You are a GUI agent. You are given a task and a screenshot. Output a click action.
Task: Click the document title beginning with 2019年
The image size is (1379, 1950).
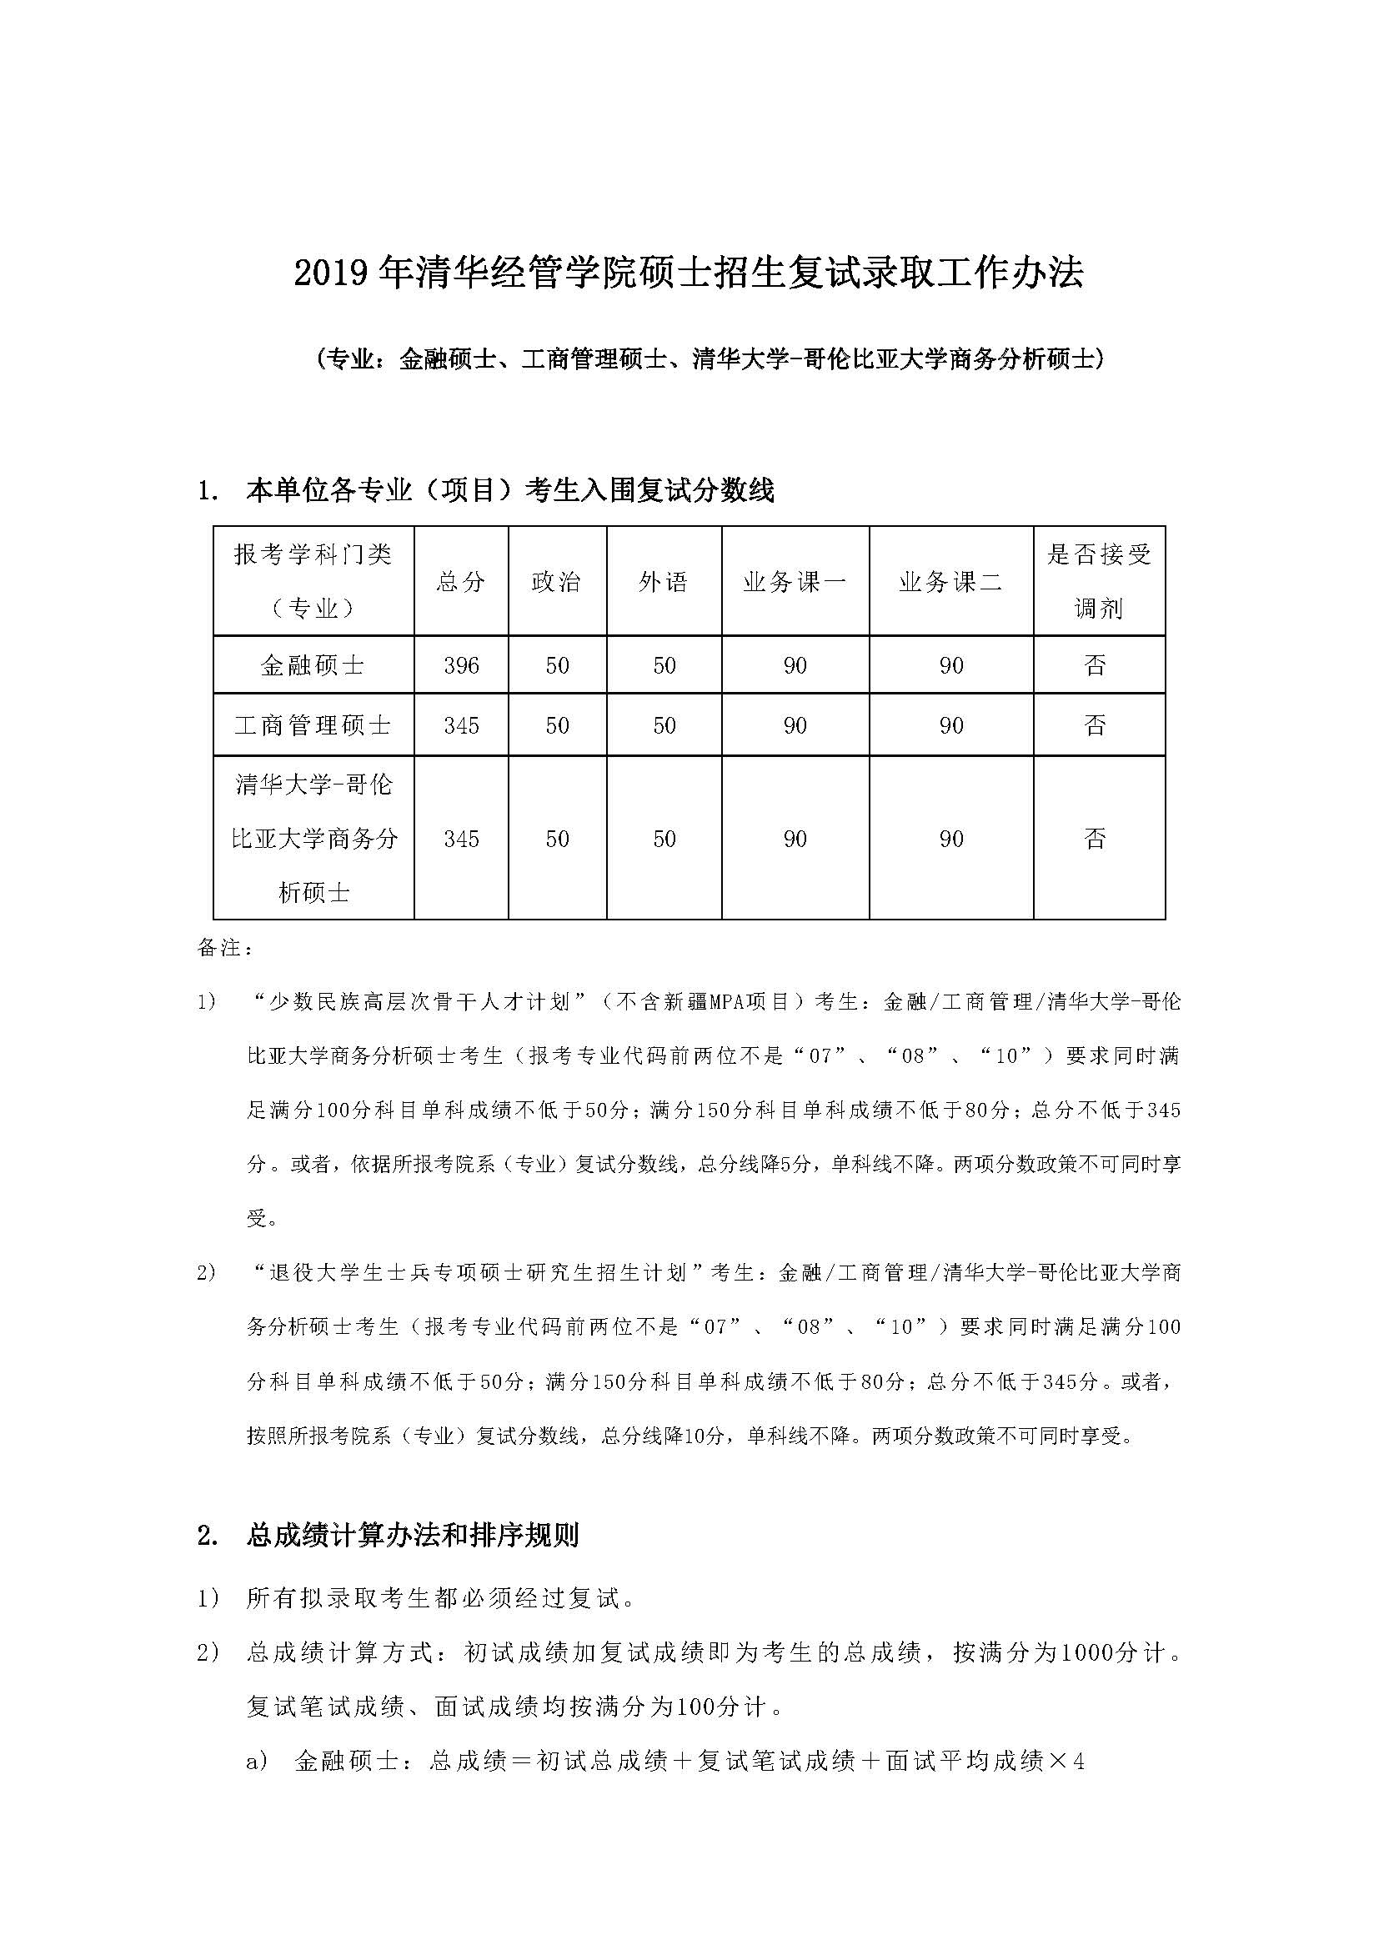point(689,273)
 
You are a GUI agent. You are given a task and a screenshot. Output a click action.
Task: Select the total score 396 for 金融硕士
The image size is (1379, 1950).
point(461,665)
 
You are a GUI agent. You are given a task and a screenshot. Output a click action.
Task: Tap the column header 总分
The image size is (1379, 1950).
point(461,582)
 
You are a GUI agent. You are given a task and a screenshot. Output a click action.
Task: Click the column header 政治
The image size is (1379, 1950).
point(557,582)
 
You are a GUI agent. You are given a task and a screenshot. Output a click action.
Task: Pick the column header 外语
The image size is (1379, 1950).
point(664,582)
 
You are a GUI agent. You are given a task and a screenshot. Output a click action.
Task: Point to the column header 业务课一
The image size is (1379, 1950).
point(795,582)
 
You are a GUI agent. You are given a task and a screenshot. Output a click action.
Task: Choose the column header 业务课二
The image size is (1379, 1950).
point(951,582)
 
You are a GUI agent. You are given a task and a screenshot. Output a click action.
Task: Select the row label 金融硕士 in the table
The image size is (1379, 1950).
point(313,665)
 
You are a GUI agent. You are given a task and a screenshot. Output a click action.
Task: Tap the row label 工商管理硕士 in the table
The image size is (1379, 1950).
point(313,725)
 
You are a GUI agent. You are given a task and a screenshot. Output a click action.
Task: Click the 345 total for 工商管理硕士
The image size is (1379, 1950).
point(461,725)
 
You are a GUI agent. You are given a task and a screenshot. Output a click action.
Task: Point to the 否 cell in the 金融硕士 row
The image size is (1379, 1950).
point(1096,665)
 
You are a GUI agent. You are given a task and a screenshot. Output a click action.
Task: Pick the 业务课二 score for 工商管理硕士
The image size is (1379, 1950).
point(951,725)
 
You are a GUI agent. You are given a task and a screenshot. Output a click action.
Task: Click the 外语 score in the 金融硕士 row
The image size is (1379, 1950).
point(664,665)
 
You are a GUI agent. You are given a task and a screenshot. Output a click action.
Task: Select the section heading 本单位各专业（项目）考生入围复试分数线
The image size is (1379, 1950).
point(509,491)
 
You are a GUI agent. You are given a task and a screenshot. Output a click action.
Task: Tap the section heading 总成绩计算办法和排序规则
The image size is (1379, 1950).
point(413,1536)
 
